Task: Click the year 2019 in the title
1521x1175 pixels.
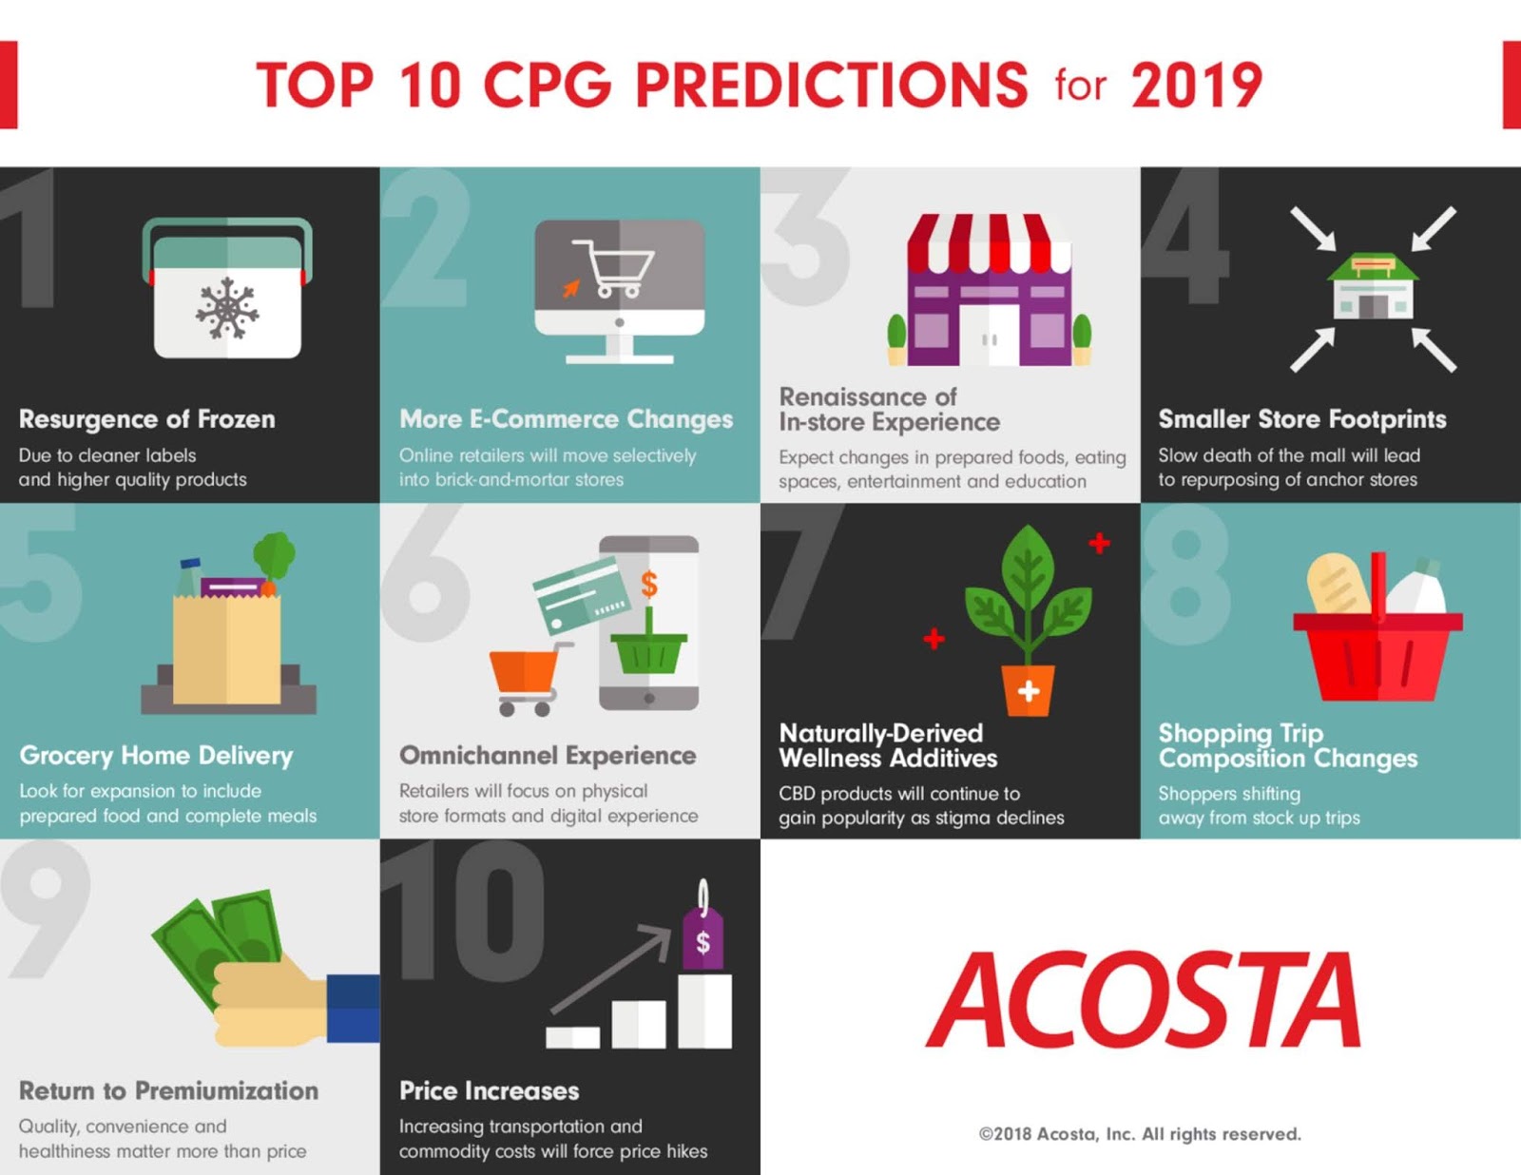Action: click(x=1196, y=86)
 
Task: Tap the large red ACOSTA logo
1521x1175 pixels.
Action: click(x=1144, y=1000)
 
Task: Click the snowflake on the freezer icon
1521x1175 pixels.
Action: click(x=227, y=308)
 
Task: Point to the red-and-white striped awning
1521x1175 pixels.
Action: click(x=989, y=242)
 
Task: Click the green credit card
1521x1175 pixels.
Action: click(x=581, y=595)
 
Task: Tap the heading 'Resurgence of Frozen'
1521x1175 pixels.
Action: click(x=146, y=419)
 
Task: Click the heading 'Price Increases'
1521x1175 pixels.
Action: click(x=489, y=1090)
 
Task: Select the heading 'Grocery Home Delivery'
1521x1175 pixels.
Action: click(x=156, y=756)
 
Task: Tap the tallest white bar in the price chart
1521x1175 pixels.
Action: click(x=704, y=1010)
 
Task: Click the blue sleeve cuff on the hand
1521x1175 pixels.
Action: click(x=353, y=1008)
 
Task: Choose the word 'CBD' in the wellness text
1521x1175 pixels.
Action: click(x=797, y=794)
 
